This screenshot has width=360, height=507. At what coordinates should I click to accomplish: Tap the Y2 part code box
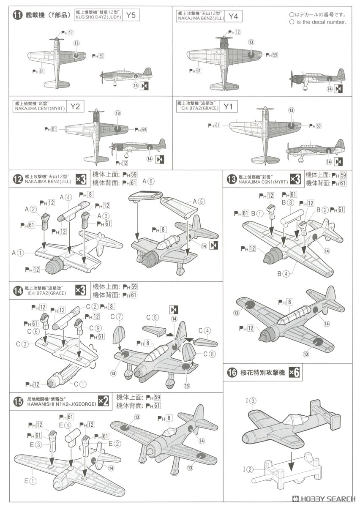tap(74, 106)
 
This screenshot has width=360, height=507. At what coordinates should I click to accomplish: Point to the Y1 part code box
tap(228, 106)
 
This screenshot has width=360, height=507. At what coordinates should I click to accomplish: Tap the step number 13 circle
tap(231, 179)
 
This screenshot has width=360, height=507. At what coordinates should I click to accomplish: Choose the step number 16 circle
tap(232, 373)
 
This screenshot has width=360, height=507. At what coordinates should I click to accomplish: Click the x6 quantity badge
tap(296, 372)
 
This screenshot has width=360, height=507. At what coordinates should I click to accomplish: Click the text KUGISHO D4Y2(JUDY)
tap(99, 18)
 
